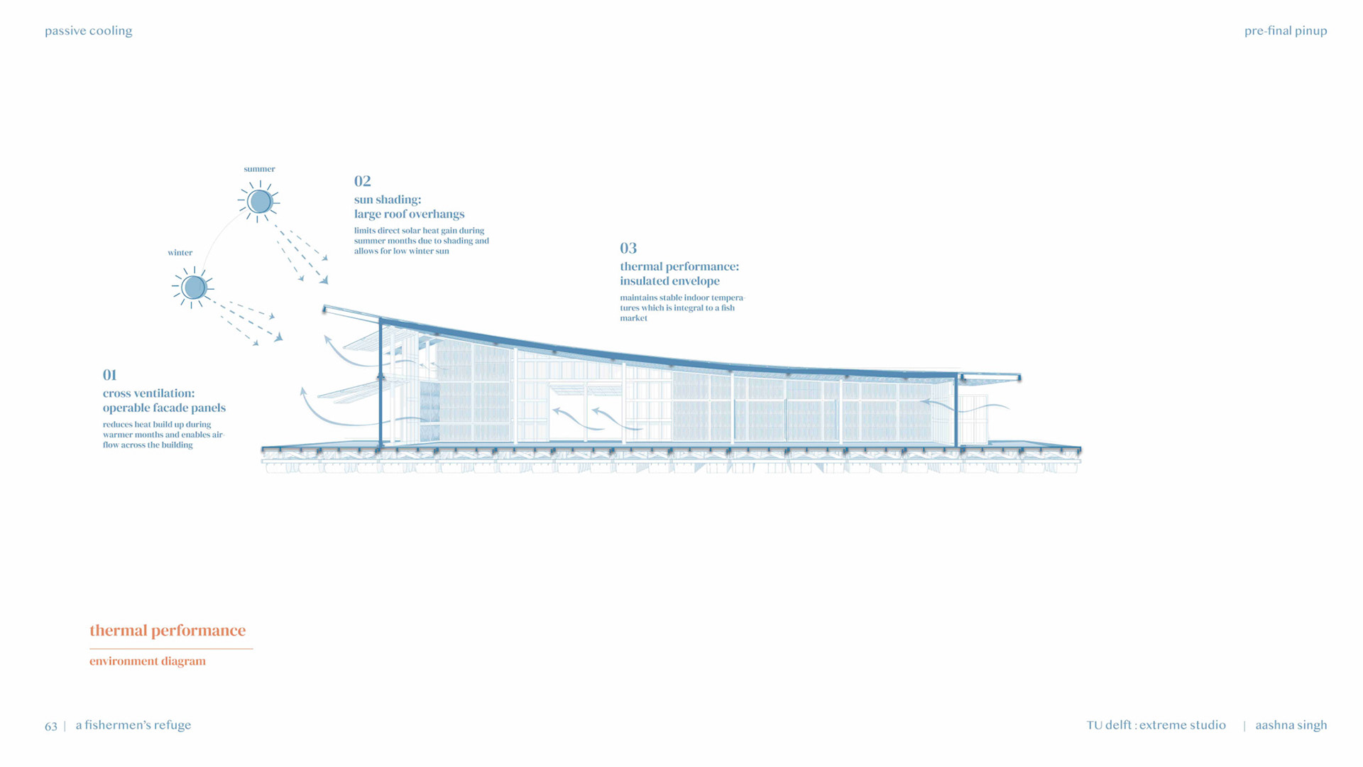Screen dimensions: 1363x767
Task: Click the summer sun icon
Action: (x=260, y=202)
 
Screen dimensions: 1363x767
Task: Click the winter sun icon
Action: (x=193, y=288)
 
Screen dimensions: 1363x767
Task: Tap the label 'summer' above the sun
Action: (x=259, y=169)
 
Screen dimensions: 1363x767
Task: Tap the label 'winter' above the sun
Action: (x=180, y=253)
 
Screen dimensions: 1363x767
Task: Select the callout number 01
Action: (x=109, y=375)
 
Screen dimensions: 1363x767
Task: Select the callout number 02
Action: (x=362, y=181)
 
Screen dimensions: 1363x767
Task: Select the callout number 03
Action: (x=628, y=248)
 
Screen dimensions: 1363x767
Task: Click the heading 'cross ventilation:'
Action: (x=148, y=393)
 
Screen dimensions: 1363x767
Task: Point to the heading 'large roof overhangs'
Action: (x=409, y=214)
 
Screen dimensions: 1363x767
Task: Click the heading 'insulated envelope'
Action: (x=669, y=281)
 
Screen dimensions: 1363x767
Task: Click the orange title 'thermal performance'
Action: (x=168, y=630)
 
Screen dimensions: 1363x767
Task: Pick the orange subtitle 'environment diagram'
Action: (x=148, y=661)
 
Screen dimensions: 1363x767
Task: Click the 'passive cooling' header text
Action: (x=88, y=31)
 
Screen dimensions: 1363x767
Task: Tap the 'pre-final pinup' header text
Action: (x=1286, y=31)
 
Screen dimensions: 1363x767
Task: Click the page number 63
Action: (x=50, y=726)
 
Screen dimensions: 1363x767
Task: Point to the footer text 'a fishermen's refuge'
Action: (x=133, y=725)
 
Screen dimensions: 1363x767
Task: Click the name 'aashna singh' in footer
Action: (x=1291, y=725)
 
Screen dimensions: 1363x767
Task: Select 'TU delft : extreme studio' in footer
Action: (x=1156, y=725)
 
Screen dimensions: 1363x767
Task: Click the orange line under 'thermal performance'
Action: (x=171, y=648)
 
